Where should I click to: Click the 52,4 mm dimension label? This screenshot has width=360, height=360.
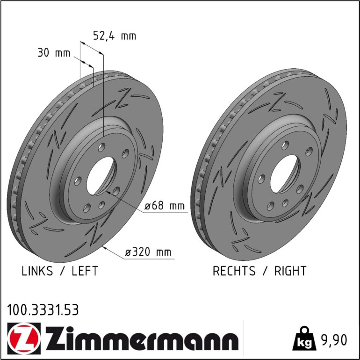coord(115,36)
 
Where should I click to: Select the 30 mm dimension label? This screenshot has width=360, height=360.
coord(54,53)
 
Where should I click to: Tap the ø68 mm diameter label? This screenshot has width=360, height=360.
coord(165,206)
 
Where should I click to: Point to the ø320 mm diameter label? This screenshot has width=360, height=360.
coord(148,252)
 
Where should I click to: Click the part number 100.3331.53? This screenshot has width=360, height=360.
coord(43,310)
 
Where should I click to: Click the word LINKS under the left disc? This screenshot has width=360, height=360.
coord(37,271)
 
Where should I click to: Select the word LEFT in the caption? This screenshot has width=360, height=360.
coord(85,271)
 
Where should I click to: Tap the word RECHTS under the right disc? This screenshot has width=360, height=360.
coord(234,271)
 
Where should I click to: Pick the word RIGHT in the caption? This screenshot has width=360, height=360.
coord(290,271)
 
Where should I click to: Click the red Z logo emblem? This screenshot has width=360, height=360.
coord(24,338)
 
